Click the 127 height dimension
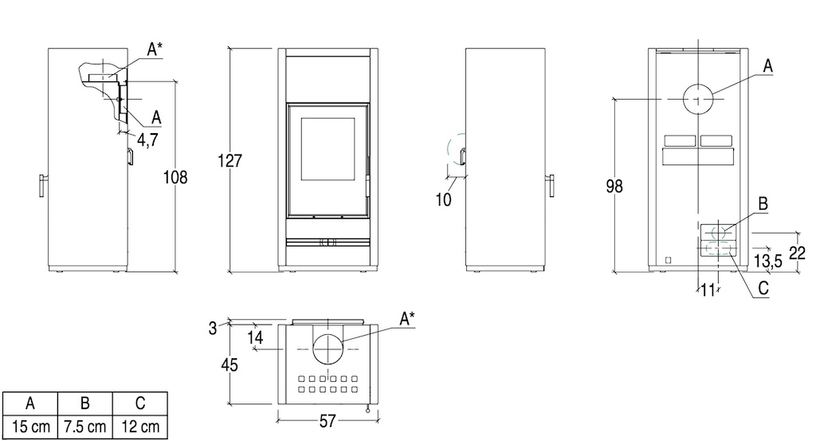point(230,160)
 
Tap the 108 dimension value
point(175,178)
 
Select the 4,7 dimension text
point(147,140)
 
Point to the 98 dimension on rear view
point(614,186)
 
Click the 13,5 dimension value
point(768,261)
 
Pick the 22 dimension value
point(797,253)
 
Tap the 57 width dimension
point(328,421)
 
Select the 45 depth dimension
point(229,364)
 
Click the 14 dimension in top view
point(255,337)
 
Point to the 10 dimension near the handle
point(443,199)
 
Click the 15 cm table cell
point(31,427)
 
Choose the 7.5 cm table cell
point(85,427)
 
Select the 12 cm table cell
point(140,427)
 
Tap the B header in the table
point(85,404)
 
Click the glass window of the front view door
point(328,149)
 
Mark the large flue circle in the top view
point(328,348)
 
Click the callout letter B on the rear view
point(763,203)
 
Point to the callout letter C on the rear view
point(763,288)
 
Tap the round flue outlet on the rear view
point(697,99)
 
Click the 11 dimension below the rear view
point(708,290)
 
